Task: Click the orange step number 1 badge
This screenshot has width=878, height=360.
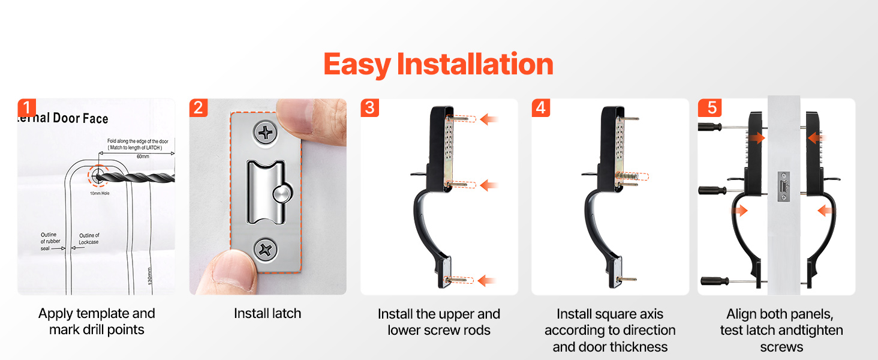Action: [26, 108]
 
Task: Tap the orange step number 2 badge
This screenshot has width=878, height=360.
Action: [199, 108]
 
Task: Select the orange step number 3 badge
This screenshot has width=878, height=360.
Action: [369, 108]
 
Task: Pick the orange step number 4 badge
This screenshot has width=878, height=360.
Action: [541, 108]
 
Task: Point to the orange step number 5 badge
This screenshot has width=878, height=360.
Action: [712, 108]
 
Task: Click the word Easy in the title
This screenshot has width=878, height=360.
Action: [357, 65]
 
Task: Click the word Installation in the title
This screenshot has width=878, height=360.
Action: [475, 64]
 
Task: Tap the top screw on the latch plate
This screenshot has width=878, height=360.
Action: [265, 133]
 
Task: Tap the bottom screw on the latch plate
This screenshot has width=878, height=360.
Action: [265, 250]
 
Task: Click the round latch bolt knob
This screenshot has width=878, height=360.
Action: [282, 194]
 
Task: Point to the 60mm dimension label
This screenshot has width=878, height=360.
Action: [143, 157]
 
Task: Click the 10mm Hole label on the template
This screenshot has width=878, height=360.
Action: [100, 193]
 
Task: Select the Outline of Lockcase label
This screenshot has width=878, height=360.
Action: [89, 239]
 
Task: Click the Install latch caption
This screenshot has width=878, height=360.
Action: [267, 313]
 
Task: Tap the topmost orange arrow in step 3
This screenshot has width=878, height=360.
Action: [489, 119]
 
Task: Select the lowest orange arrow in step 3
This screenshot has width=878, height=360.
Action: [487, 280]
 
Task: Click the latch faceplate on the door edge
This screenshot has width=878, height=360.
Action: [783, 187]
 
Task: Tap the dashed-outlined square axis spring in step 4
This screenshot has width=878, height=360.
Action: [631, 176]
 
